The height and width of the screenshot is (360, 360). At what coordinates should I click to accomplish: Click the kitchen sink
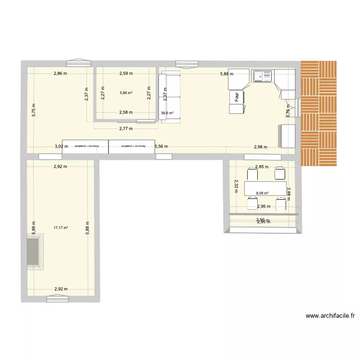coord(262,76)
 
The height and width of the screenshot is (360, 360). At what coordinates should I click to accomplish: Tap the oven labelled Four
coord(237,96)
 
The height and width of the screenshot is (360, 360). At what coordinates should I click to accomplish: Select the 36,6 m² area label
coord(167,114)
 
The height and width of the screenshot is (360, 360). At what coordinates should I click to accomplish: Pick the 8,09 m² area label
coord(262,193)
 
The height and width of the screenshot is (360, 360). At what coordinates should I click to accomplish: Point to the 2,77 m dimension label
coord(126,129)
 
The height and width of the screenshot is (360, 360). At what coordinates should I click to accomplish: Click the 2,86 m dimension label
coord(60,73)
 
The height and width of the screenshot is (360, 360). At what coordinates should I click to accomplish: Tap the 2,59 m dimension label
coord(126,73)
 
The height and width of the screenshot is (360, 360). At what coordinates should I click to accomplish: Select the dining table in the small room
coord(265,187)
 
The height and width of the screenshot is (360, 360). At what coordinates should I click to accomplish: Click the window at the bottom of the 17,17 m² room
coord(58,299)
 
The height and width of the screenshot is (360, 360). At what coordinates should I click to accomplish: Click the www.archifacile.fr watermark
coord(330,316)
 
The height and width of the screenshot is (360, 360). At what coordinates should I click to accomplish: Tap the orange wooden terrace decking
coord(319,113)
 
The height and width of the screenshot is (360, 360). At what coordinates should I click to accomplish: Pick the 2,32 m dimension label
coord(236,185)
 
